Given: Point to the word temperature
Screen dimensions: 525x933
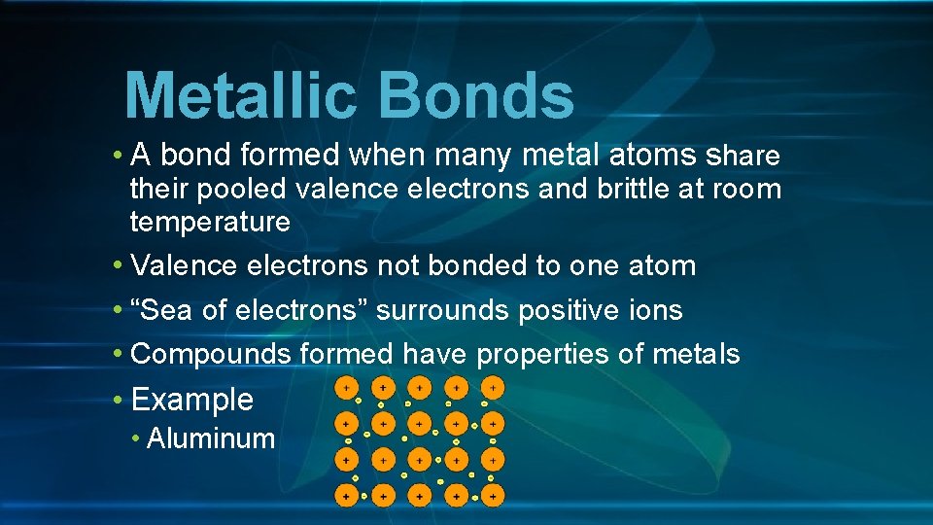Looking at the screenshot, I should coord(210,223).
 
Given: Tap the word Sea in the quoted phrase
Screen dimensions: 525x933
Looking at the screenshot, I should coord(161,311).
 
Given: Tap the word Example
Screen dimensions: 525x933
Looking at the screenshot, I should coord(192,400).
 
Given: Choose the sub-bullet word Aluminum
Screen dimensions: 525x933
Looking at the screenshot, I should coord(211,438).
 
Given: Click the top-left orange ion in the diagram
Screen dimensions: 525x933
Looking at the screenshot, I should coord(345,388).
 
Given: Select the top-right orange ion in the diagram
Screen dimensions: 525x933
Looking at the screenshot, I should coord(493,388).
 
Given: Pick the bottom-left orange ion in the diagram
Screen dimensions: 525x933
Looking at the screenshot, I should coord(345,496).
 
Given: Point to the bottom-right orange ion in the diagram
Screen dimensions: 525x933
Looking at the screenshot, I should coord(493,496).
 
